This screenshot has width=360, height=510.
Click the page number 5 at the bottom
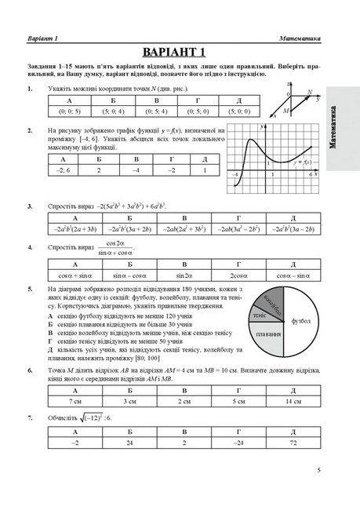pos(318,472)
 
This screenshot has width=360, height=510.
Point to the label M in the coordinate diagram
pos(286,111)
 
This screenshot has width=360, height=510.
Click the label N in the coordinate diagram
pos(309,93)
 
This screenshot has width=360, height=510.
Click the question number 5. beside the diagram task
pos(29,289)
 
